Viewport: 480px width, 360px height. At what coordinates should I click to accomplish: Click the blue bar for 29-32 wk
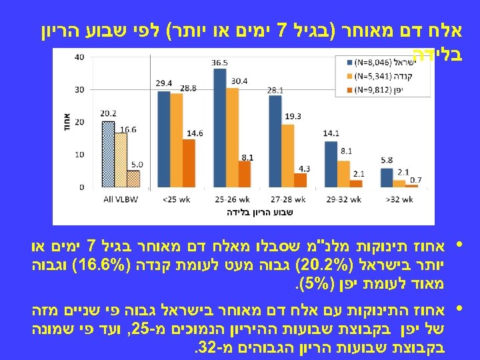coord(329,164)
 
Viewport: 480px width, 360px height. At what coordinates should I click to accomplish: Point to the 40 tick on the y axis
coord(80,57)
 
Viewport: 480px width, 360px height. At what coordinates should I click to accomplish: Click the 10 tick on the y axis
coord(80,155)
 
